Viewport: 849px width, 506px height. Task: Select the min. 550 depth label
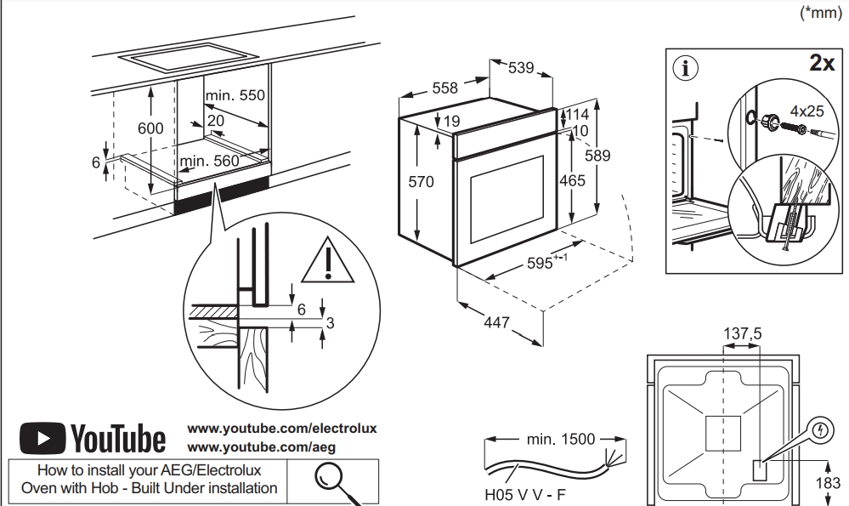235,96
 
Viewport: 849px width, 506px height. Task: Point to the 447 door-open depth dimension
497,322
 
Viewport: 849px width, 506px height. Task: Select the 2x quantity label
821,64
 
